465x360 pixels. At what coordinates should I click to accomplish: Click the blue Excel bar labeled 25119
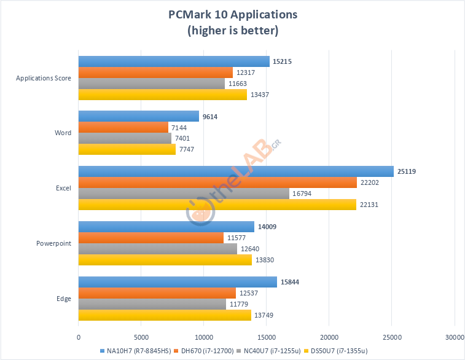(x=236, y=171)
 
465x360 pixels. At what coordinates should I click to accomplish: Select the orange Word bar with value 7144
(x=123, y=127)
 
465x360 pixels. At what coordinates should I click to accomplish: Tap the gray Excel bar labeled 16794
(x=184, y=194)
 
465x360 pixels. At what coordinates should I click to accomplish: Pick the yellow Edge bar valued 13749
(x=165, y=315)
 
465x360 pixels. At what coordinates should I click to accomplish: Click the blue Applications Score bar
(x=174, y=61)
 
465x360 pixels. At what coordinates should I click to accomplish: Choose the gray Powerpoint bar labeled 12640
(x=157, y=249)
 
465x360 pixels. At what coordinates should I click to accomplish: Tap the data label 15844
(x=291, y=282)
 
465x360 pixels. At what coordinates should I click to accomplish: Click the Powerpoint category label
(x=55, y=243)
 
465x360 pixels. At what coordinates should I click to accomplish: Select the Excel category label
(x=63, y=188)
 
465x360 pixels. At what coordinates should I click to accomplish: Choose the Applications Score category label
(x=44, y=78)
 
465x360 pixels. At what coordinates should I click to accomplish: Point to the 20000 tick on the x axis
(x=329, y=337)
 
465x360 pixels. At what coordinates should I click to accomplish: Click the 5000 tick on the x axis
(x=141, y=337)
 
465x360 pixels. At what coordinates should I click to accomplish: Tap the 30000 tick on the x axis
(x=455, y=337)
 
